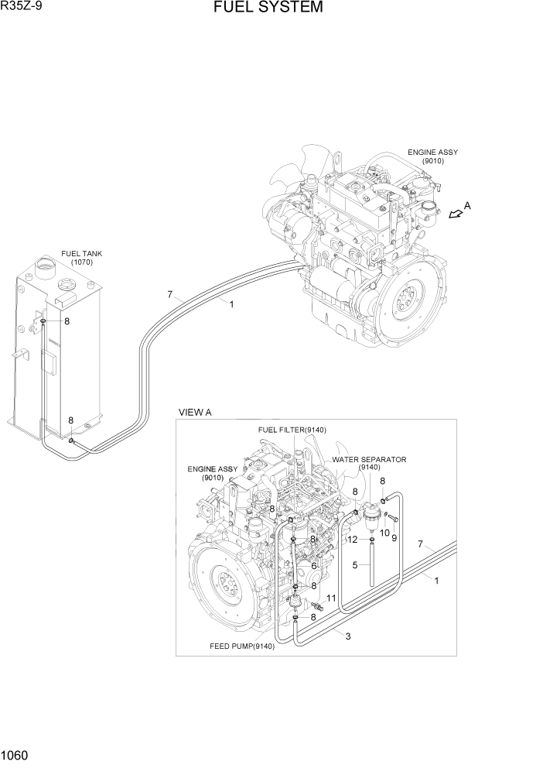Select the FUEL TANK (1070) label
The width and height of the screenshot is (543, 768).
click(81, 258)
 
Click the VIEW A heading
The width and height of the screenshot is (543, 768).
click(195, 413)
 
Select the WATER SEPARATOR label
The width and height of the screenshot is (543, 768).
click(369, 459)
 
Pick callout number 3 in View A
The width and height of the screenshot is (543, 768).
click(348, 636)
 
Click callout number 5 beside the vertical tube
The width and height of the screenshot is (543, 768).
click(355, 565)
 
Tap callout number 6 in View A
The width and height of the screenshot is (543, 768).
click(314, 566)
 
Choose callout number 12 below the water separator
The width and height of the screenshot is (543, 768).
click(352, 539)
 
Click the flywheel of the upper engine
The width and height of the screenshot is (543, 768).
click(408, 301)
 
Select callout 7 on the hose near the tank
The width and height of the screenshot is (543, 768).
click(169, 293)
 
